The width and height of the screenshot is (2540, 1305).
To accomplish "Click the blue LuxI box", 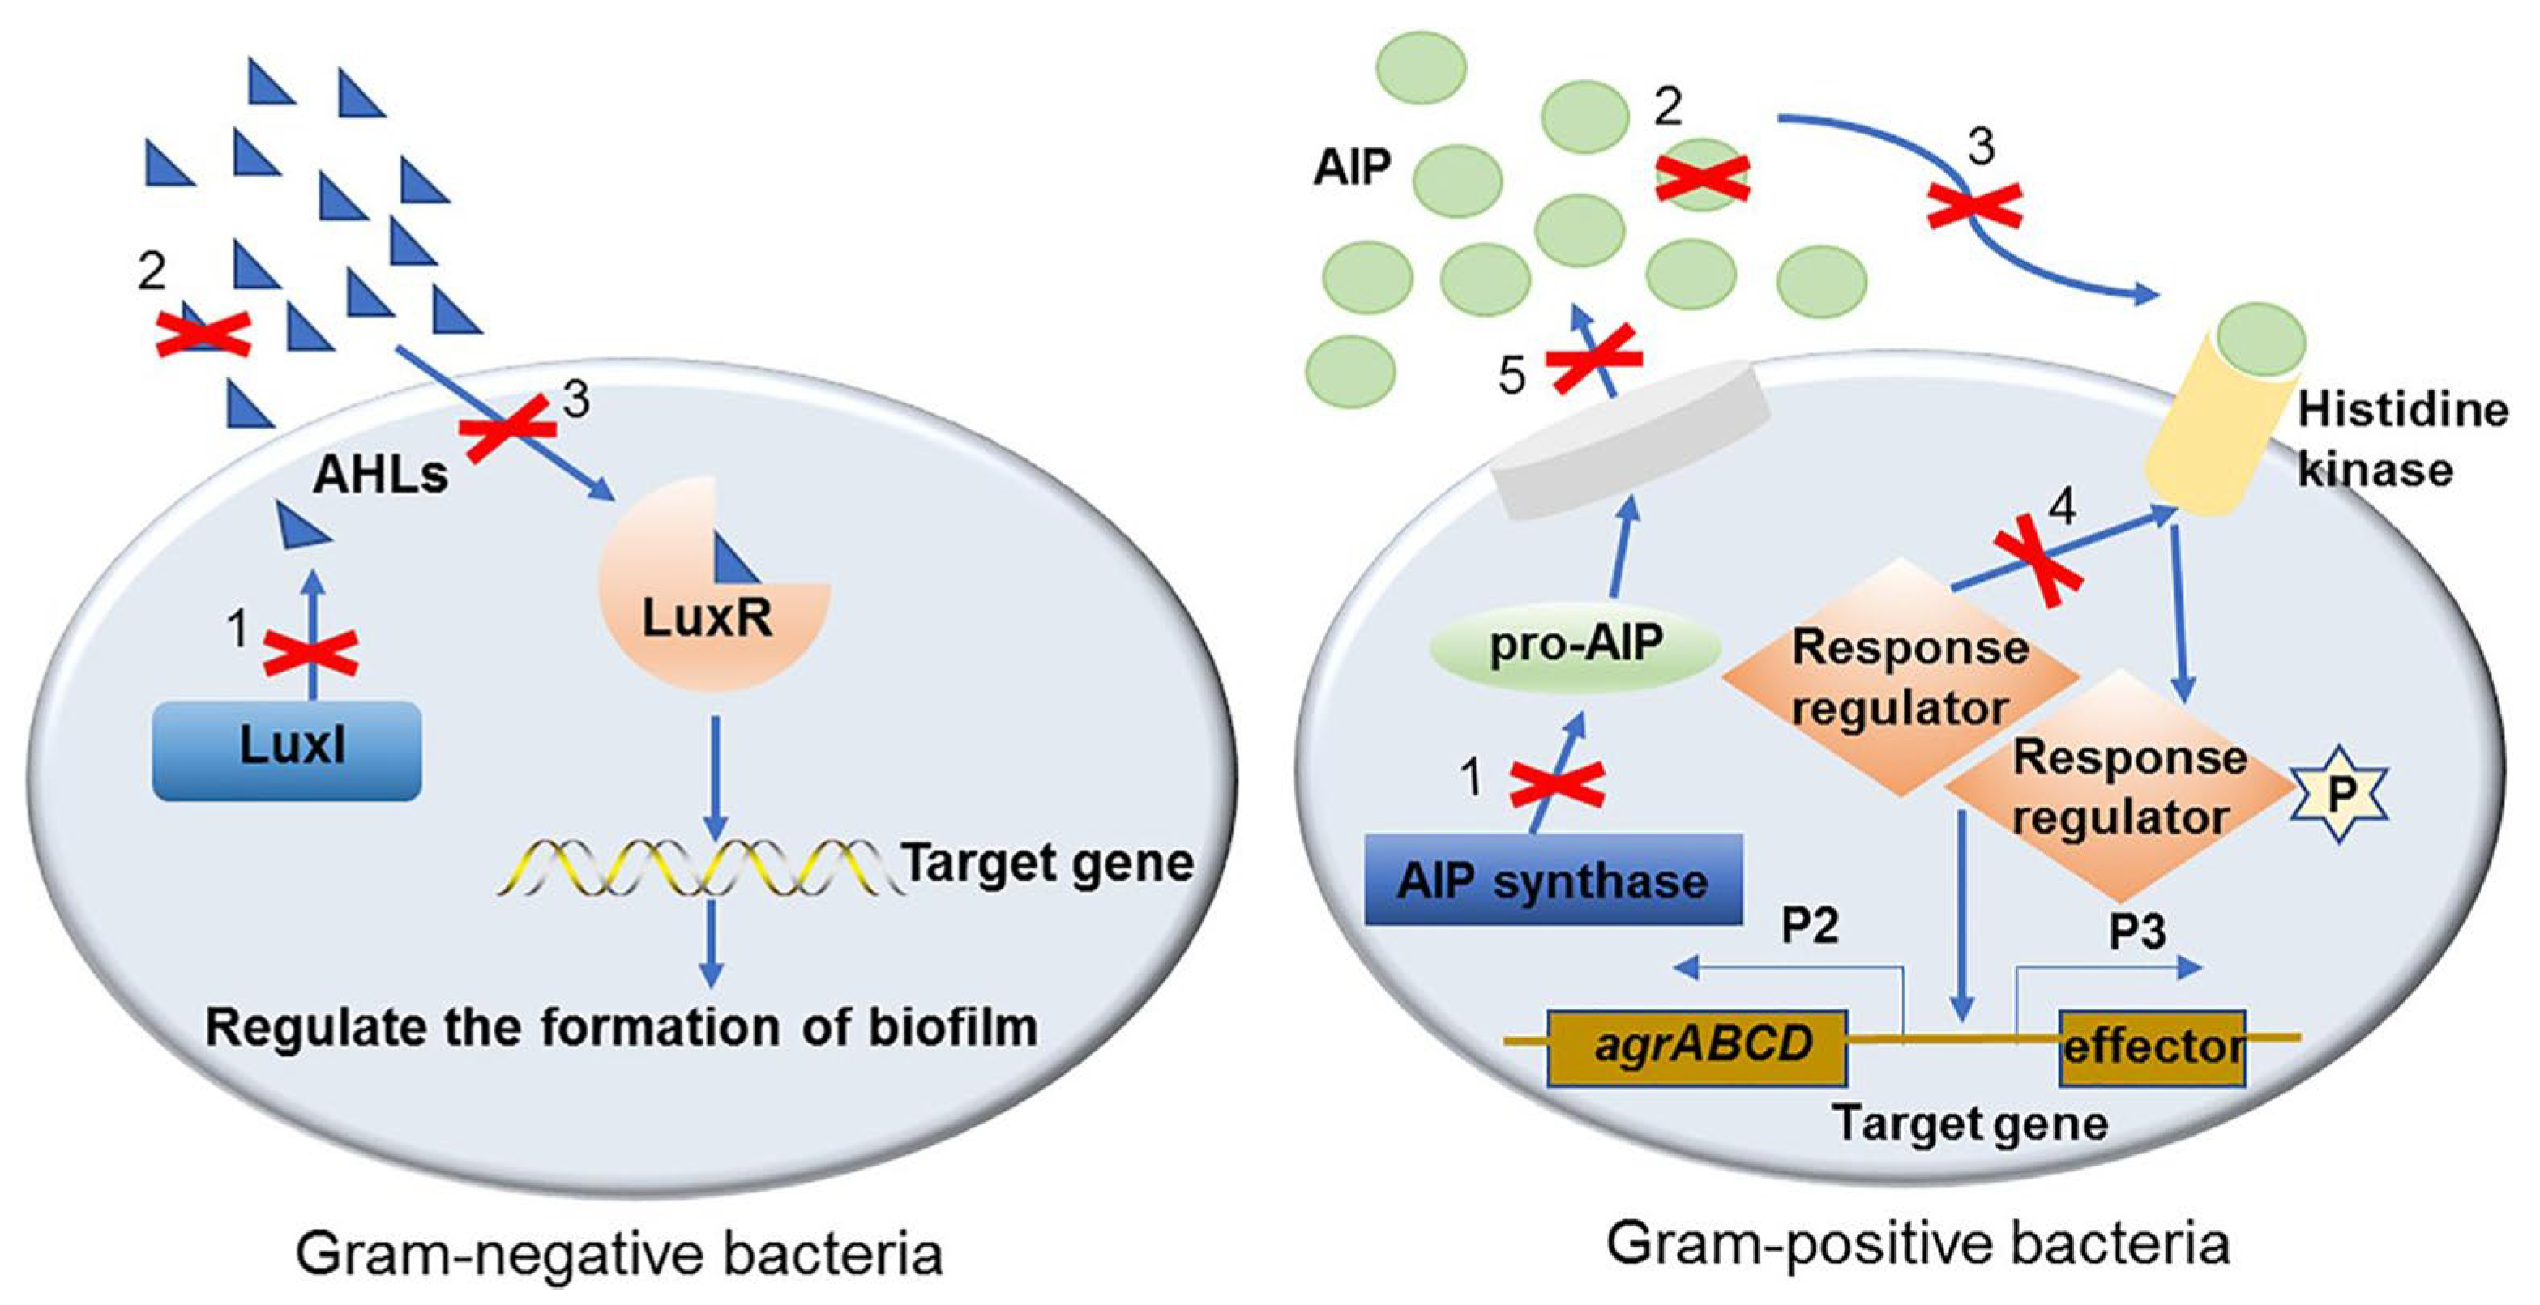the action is [x=287, y=750].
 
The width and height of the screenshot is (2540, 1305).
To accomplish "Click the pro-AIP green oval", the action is [x=1576, y=646].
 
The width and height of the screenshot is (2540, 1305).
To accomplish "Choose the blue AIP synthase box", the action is [x=1553, y=879].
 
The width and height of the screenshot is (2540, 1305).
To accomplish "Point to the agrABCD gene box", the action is [x=1697, y=1047].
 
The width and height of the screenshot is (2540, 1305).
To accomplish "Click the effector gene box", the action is [x=2153, y=1047].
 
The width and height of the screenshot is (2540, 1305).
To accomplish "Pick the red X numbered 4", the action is [x=2038, y=559].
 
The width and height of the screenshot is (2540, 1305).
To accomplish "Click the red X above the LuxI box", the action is [x=310, y=654].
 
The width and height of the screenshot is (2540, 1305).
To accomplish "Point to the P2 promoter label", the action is [x=1811, y=926].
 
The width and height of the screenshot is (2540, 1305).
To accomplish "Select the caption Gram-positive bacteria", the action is [x=1918, y=1245].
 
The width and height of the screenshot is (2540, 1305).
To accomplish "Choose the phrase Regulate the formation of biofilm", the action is [x=621, y=1028].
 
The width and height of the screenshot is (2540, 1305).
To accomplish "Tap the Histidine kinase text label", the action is [x=2403, y=440].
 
